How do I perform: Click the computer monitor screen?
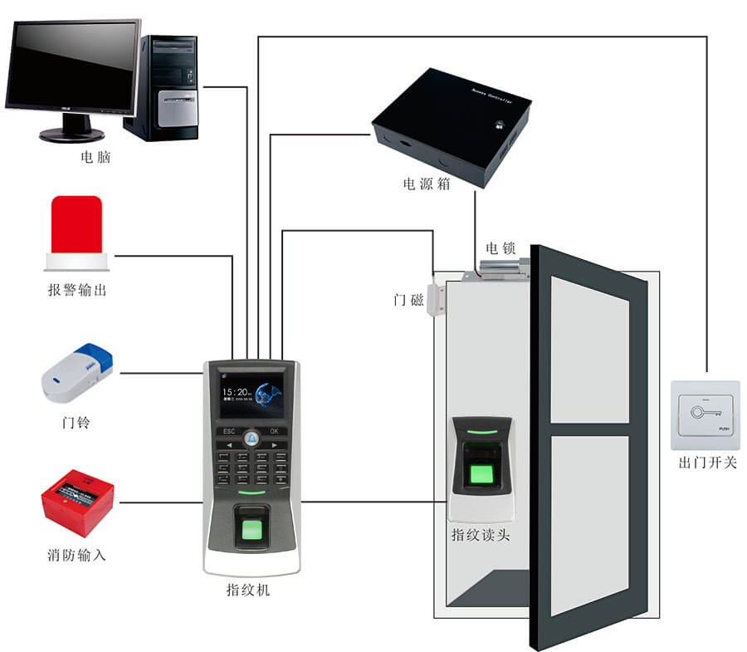coord(73,66)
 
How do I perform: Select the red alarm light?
coord(76,228)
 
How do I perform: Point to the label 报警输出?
coord(77,291)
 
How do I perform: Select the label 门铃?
coord(76,423)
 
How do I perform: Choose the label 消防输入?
coord(76,554)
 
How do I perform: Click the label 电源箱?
coord(427,184)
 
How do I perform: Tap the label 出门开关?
coord(707,462)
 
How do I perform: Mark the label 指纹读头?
coord(481,535)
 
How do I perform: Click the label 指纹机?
coord(248,591)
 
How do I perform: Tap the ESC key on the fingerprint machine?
coord(229,431)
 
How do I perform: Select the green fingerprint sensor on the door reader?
coord(481,474)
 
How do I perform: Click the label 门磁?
coord(409,300)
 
